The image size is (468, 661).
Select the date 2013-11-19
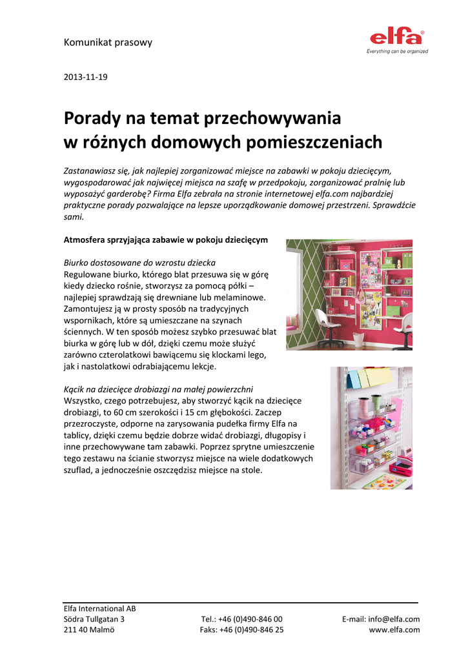85,77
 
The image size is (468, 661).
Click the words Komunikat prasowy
108,43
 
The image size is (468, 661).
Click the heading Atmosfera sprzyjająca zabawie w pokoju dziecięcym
165,239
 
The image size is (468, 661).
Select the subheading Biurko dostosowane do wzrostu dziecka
139,263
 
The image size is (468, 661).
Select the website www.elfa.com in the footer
394,630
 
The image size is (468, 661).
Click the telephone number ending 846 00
242,619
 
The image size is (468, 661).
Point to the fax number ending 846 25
241,630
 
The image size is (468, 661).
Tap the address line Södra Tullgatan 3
94,619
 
